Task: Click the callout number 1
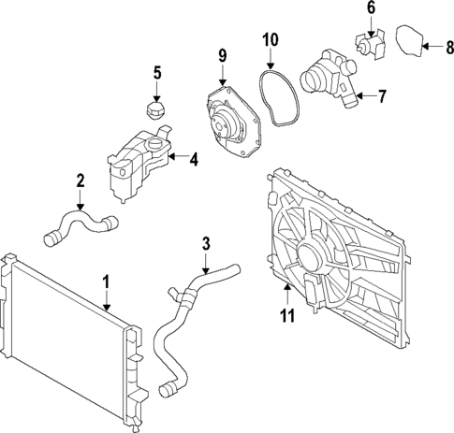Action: tap(107, 281)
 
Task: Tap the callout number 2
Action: tap(81, 180)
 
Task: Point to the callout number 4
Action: tap(193, 160)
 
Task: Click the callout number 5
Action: tap(157, 72)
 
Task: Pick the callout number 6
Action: tap(371, 8)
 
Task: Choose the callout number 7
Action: tap(381, 96)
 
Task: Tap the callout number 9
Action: tap(223, 56)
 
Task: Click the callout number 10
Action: tap(270, 40)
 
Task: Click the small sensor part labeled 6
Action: tap(368, 45)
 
